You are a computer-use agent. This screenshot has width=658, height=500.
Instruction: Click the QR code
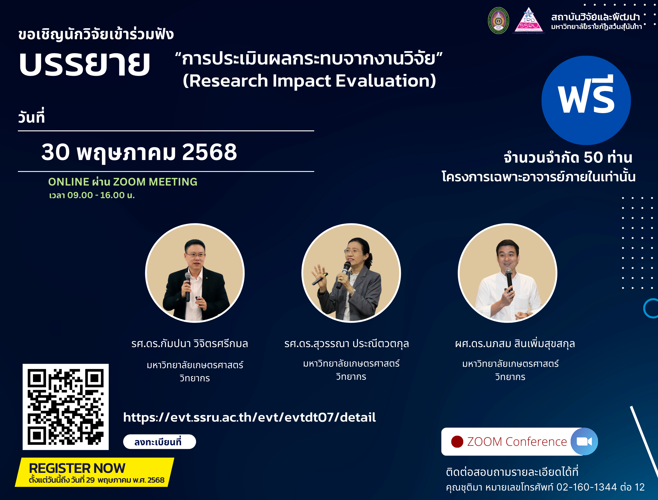click(66, 407)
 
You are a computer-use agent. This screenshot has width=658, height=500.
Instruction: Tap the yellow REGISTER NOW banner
click(95, 472)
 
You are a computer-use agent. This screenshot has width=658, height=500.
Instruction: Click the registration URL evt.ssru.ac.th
click(250, 417)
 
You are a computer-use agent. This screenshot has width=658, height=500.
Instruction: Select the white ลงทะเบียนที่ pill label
click(159, 442)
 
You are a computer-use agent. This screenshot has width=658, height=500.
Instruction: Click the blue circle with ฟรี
click(586, 100)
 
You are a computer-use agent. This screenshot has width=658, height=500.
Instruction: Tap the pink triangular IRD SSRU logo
click(529, 20)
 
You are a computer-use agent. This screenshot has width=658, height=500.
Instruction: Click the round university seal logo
click(499, 21)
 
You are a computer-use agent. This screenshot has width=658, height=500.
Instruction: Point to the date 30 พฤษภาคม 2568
click(139, 152)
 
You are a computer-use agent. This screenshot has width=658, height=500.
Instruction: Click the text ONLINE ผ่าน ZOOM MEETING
click(123, 182)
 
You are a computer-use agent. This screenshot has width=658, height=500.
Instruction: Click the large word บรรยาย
click(84, 63)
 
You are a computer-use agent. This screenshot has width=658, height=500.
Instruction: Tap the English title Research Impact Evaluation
click(310, 81)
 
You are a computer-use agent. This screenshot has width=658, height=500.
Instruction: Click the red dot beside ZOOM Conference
click(457, 442)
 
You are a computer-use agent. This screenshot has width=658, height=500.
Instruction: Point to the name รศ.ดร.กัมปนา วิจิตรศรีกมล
click(190, 344)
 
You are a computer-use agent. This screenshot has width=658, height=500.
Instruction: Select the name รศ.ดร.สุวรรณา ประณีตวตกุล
click(346, 344)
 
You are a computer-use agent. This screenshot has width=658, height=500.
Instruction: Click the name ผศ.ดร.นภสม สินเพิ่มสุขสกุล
click(515, 344)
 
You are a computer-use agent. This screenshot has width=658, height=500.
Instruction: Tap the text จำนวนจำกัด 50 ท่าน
click(568, 157)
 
